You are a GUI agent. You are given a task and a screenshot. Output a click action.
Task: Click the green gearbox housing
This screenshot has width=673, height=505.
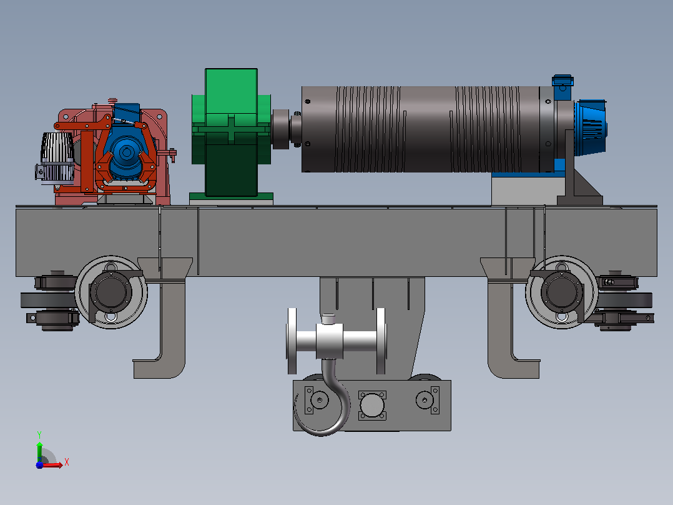pyautogui.click(x=231, y=133)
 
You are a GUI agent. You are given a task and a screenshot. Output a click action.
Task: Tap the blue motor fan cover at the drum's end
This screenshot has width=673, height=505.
pyautogui.click(x=591, y=127)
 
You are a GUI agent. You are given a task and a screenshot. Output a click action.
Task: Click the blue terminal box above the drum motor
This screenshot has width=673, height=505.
pyautogui.click(x=562, y=81)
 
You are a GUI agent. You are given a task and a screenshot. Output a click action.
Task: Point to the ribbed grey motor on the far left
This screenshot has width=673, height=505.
pyautogui.click(x=57, y=158)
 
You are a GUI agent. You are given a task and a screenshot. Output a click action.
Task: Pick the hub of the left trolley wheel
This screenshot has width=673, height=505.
pyautogui.click(x=111, y=292)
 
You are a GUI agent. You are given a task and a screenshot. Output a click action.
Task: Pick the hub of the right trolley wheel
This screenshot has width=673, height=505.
pyautogui.click(x=561, y=292)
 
